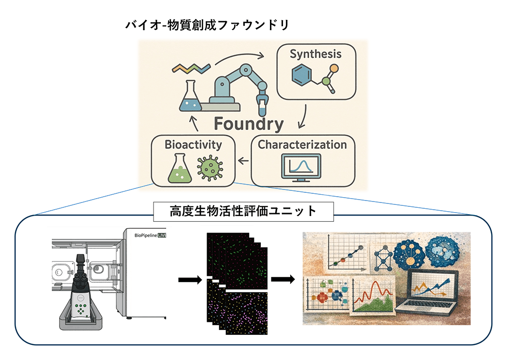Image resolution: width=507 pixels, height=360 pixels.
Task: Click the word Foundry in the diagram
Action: (249, 124)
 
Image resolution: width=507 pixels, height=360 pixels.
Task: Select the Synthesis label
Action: (315, 54)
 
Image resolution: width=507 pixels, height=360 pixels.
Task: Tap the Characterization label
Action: (302, 144)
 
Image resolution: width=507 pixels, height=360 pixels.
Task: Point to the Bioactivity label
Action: (193, 144)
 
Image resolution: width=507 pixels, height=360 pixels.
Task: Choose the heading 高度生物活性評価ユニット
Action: (243, 211)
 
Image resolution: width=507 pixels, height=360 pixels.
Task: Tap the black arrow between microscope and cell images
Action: (190, 279)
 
